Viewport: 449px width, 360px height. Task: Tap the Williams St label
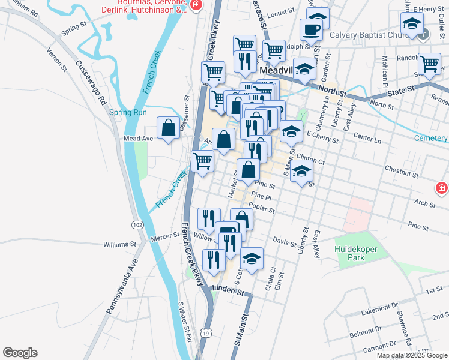click(120, 245)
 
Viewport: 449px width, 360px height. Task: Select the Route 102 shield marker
click(138, 224)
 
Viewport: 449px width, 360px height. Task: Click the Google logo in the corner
click(20, 353)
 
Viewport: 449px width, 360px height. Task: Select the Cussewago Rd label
click(91, 82)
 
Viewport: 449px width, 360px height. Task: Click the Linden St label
click(231, 293)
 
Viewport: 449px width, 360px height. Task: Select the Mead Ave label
click(138, 138)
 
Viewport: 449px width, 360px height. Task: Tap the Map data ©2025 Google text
click(412, 355)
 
